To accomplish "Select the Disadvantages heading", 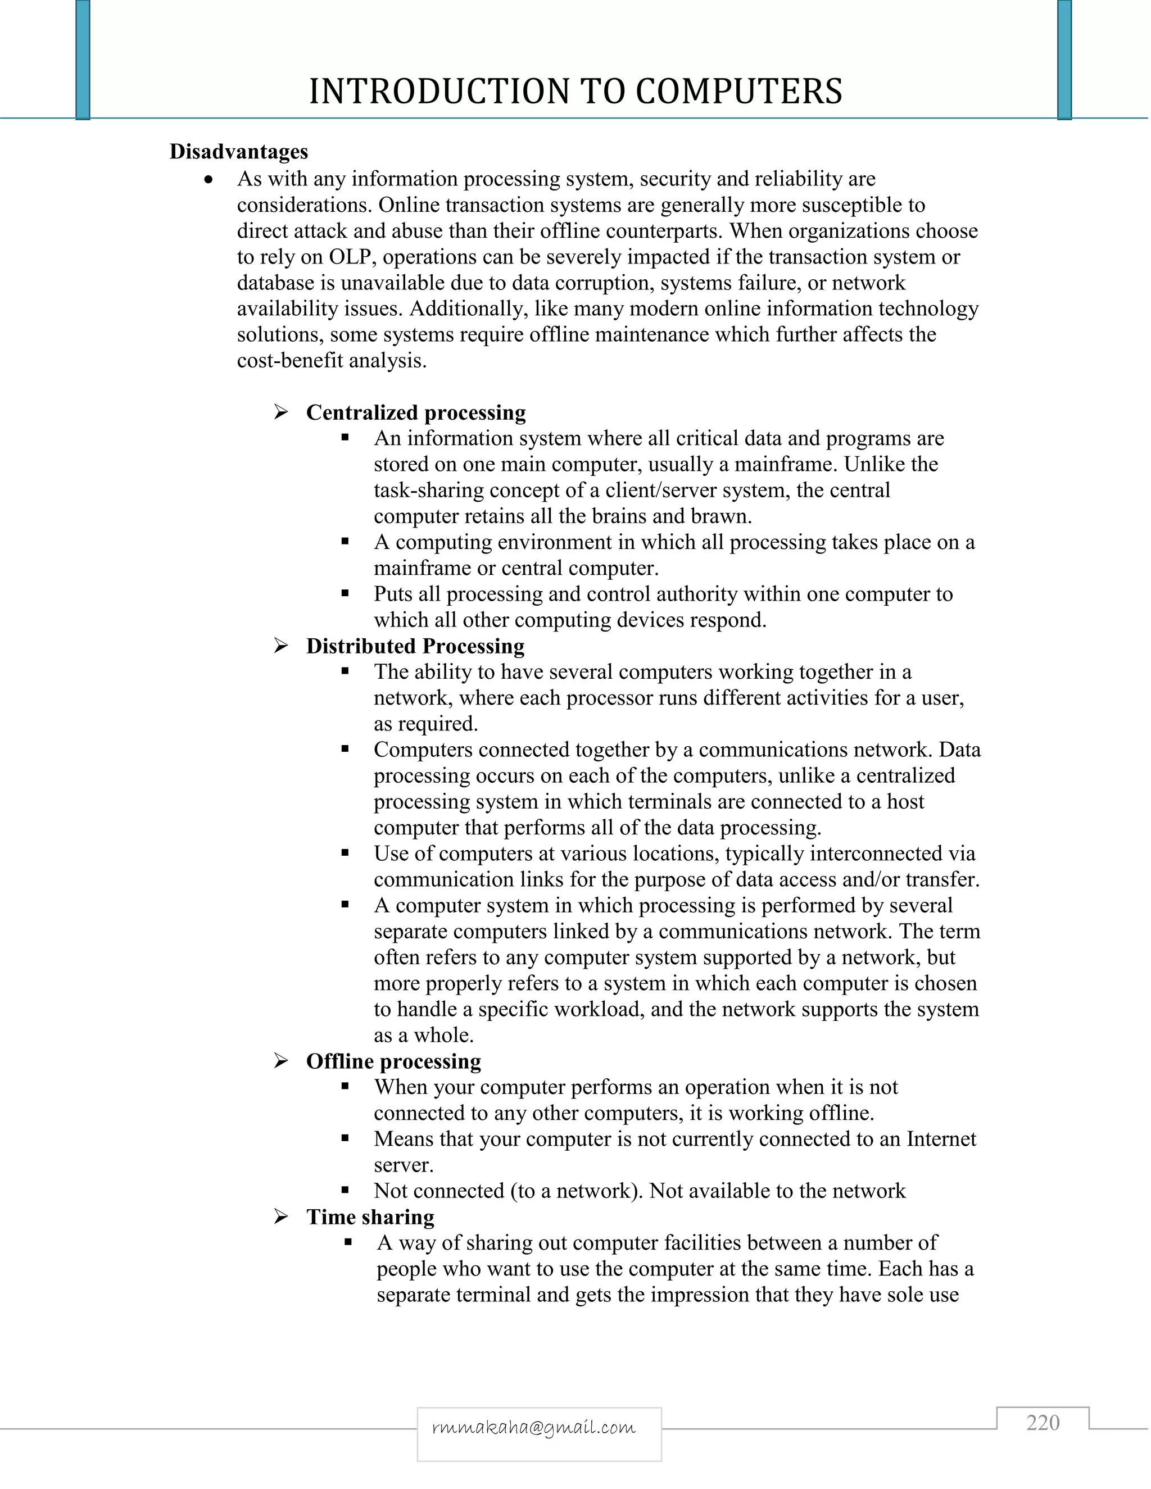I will click(x=239, y=151).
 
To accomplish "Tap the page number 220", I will click(x=1043, y=1423).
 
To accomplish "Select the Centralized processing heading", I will click(x=416, y=412).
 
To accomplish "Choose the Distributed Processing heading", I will click(x=415, y=646).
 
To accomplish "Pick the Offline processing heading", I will click(x=393, y=1061).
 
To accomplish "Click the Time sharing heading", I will click(x=370, y=1217).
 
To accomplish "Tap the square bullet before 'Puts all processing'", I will click(x=346, y=594).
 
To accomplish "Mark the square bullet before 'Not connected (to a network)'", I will click(x=346, y=1191).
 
